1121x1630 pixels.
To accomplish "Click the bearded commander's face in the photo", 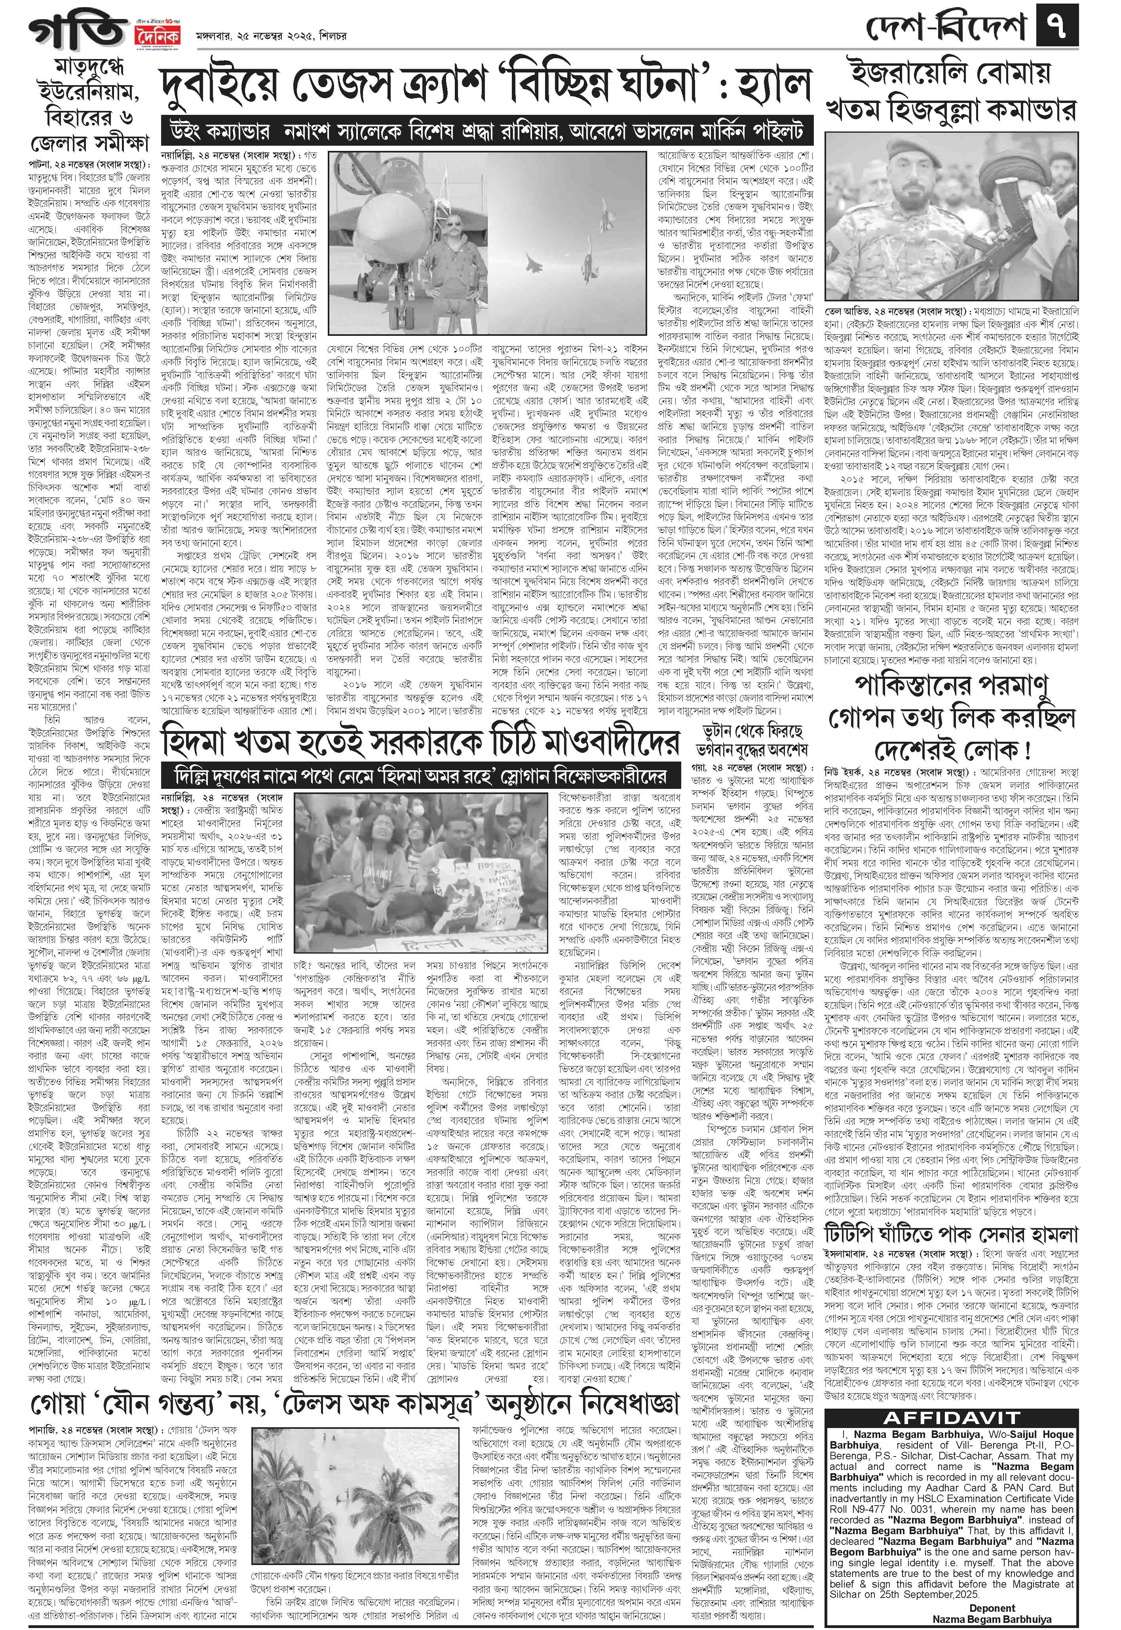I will click(913, 179).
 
